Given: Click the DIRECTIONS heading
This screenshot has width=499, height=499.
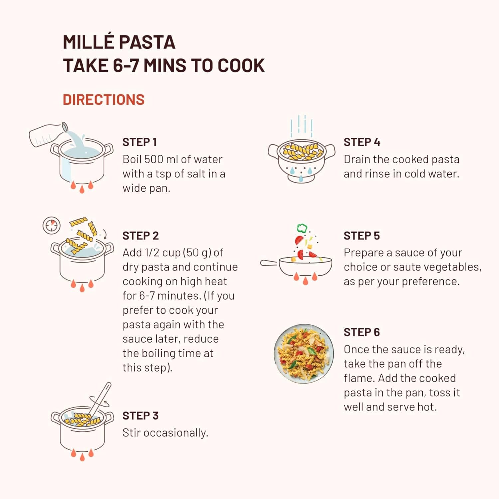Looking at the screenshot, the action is [x=103, y=100].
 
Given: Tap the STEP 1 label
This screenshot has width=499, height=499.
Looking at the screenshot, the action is [x=139, y=142].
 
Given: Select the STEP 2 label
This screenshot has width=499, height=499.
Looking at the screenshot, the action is [x=141, y=236].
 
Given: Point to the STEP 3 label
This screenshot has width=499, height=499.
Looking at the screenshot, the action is [x=141, y=416].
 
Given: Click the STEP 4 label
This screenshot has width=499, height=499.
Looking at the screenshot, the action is [x=362, y=142].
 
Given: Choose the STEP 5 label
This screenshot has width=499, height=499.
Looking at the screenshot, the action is [x=362, y=236].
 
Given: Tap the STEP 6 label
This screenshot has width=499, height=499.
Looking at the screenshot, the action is [x=362, y=332].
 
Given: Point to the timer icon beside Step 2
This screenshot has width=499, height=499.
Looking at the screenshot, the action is [x=52, y=225].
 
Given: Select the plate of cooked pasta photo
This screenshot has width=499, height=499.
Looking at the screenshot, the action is [x=304, y=354].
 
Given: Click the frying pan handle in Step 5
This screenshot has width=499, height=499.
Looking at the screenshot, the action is [x=269, y=263].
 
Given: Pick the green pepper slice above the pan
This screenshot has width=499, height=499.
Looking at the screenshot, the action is [x=302, y=228].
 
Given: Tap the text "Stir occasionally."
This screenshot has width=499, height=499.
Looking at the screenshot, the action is [x=165, y=433].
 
